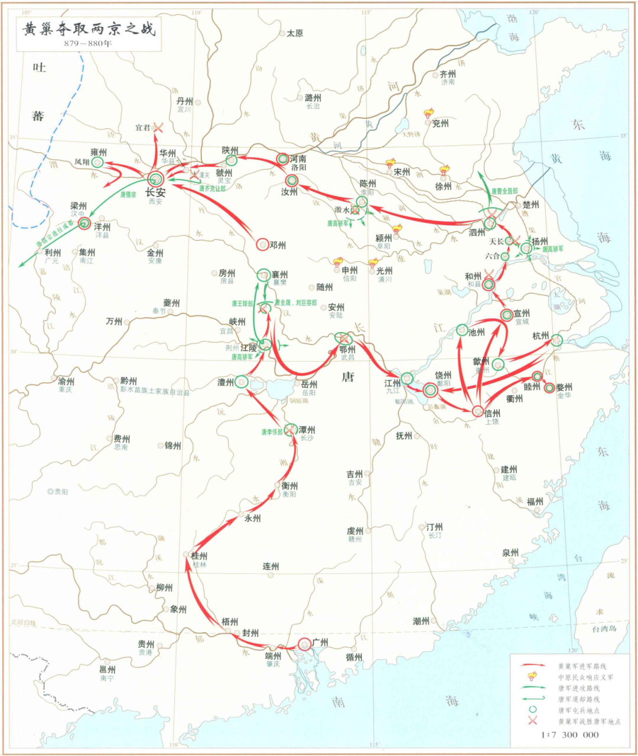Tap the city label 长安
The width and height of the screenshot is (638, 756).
coord(155,192)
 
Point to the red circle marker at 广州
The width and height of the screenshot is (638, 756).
coord(304,644)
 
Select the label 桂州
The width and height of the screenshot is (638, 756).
coord(199,556)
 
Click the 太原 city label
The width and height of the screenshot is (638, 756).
coord(295,34)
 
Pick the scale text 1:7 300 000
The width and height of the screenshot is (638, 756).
coord(569,735)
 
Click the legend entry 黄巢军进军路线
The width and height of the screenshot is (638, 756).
coord(582,666)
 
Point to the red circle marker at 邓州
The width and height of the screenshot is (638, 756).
coord(262,244)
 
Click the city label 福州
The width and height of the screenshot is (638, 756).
coord(535,502)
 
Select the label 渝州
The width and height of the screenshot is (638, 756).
coord(66,381)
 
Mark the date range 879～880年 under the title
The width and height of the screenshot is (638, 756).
coord(89,44)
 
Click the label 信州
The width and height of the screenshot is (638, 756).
coord(491,414)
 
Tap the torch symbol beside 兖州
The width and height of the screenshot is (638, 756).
coord(428,114)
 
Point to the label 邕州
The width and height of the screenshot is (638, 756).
coord(108,670)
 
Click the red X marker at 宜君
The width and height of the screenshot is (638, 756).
coord(157,127)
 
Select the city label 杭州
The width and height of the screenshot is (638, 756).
coord(540,336)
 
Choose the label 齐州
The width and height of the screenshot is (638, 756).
coord(448,74)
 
